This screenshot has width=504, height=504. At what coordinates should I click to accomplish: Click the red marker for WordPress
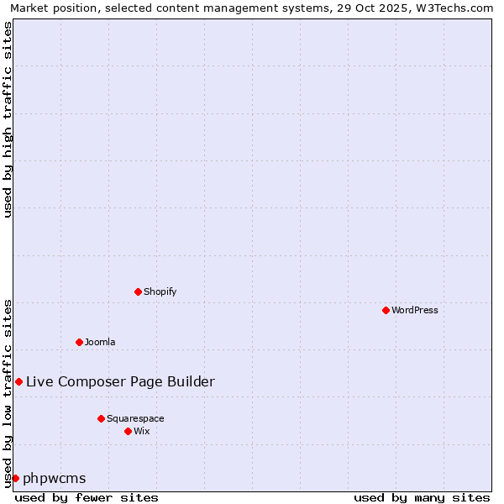pyautogui.click(x=386, y=310)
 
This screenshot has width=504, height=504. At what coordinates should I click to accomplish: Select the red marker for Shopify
pyautogui.click(x=138, y=291)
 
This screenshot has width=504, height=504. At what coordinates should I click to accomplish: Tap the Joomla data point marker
pyautogui.click(x=79, y=342)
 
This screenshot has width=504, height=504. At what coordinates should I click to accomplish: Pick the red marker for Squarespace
pyautogui.click(x=101, y=418)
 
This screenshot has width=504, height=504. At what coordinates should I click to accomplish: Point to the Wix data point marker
pyautogui.click(x=128, y=431)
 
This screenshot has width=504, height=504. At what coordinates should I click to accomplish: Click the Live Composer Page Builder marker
pyautogui.click(x=18, y=381)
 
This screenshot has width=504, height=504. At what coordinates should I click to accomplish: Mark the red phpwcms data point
pyautogui.click(x=15, y=478)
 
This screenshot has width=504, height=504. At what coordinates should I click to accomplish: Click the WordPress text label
pyautogui.click(x=415, y=310)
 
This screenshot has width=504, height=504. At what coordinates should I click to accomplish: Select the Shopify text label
pyautogui.click(x=160, y=291)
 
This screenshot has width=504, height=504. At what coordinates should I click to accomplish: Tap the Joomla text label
pyautogui.click(x=100, y=342)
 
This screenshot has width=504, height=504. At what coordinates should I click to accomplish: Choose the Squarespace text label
pyautogui.click(x=135, y=418)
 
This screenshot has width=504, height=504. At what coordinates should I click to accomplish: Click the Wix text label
pyautogui.click(x=142, y=431)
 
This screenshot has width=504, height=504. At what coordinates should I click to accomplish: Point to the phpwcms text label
pyautogui.click(x=55, y=478)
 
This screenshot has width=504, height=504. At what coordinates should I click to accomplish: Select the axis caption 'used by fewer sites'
pyautogui.click(x=87, y=497)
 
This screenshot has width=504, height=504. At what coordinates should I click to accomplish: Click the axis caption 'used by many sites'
pyautogui.click(x=422, y=497)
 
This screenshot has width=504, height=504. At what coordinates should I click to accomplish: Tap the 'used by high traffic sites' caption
pyautogui.click(x=8, y=119)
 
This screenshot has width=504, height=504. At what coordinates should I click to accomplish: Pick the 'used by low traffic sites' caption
pyautogui.click(x=8, y=393)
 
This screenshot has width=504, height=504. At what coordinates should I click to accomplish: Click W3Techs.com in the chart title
pyautogui.click(x=457, y=8)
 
